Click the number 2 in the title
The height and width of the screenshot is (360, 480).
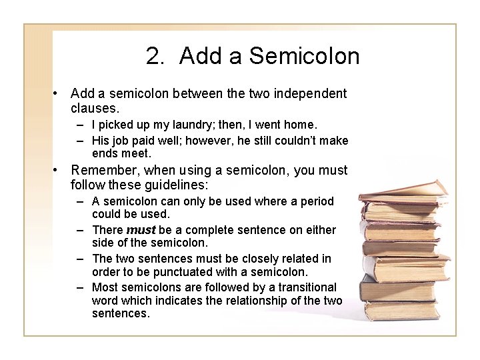coord(153,56)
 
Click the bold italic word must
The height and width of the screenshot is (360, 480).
coord(141,229)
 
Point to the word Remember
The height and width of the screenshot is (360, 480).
coord(104,170)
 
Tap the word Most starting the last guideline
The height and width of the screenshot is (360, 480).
coord(106,286)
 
